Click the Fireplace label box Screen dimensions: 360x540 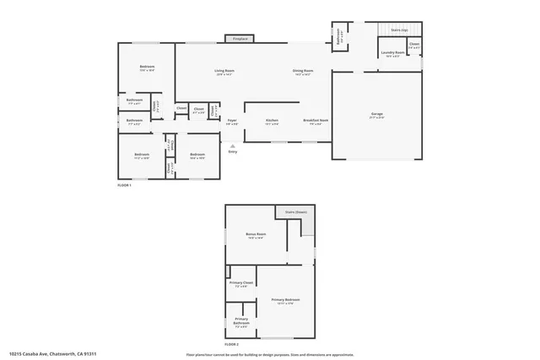coord(240,38)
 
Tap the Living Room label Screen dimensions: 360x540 coord(224,72)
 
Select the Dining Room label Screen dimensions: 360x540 coord(303,72)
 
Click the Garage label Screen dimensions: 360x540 coord(376,116)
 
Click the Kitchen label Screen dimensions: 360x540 coord(272,121)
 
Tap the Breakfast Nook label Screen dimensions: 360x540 coord(316,121)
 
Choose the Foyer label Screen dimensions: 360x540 coord(231,121)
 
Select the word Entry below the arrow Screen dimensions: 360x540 coord(233,152)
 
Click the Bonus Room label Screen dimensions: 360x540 coord(256,235)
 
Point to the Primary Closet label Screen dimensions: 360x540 coord(241,285)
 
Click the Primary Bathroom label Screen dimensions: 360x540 coord(241,320)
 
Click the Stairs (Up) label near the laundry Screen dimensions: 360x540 coord(399,30)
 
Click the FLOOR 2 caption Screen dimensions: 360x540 coord(232,345)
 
